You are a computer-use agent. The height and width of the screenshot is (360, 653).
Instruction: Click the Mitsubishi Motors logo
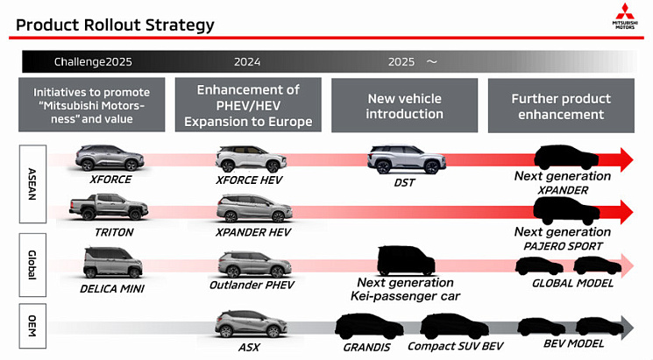click(x=627, y=17)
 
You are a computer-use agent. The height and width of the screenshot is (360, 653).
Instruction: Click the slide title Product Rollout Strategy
click(x=115, y=25)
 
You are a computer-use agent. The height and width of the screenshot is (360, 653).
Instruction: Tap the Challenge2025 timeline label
click(x=91, y=62)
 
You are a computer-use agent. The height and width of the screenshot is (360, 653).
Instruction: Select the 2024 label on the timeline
click(x=248, y=62)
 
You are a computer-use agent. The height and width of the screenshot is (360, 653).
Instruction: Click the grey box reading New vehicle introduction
click(x=404, y=106)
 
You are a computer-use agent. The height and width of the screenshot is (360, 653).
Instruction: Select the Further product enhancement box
click(x=559, y=106)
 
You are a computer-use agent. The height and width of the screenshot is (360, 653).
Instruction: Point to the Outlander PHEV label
click(x=252, y=286)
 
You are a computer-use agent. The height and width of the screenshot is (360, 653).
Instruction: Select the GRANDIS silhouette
click(x=367, y=327)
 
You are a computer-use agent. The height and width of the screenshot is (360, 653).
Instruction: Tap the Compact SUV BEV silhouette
click(x=453, y=327)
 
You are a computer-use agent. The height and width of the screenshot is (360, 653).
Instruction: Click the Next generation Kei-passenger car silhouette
click(x=405, y=260)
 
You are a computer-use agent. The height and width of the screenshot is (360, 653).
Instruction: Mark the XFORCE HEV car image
click(x=250, y=159)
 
